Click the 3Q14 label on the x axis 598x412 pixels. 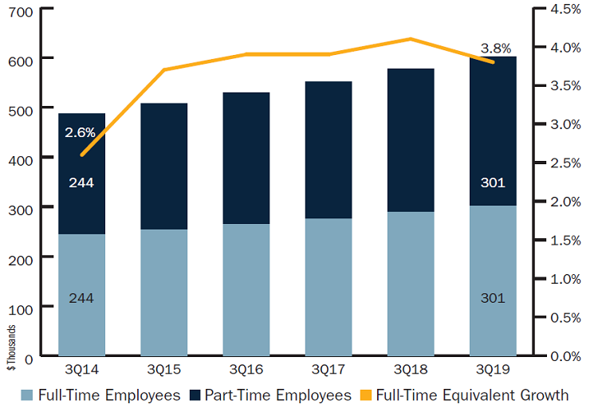81,371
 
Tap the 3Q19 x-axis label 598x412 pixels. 492,371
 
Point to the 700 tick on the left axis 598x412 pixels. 18,10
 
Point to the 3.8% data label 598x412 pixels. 495,48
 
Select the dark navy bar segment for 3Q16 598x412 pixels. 246,158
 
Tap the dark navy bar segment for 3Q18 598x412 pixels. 411,140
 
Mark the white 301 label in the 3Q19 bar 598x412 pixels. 493,182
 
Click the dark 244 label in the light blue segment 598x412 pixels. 81,297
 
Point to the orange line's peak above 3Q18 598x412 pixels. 411,38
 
